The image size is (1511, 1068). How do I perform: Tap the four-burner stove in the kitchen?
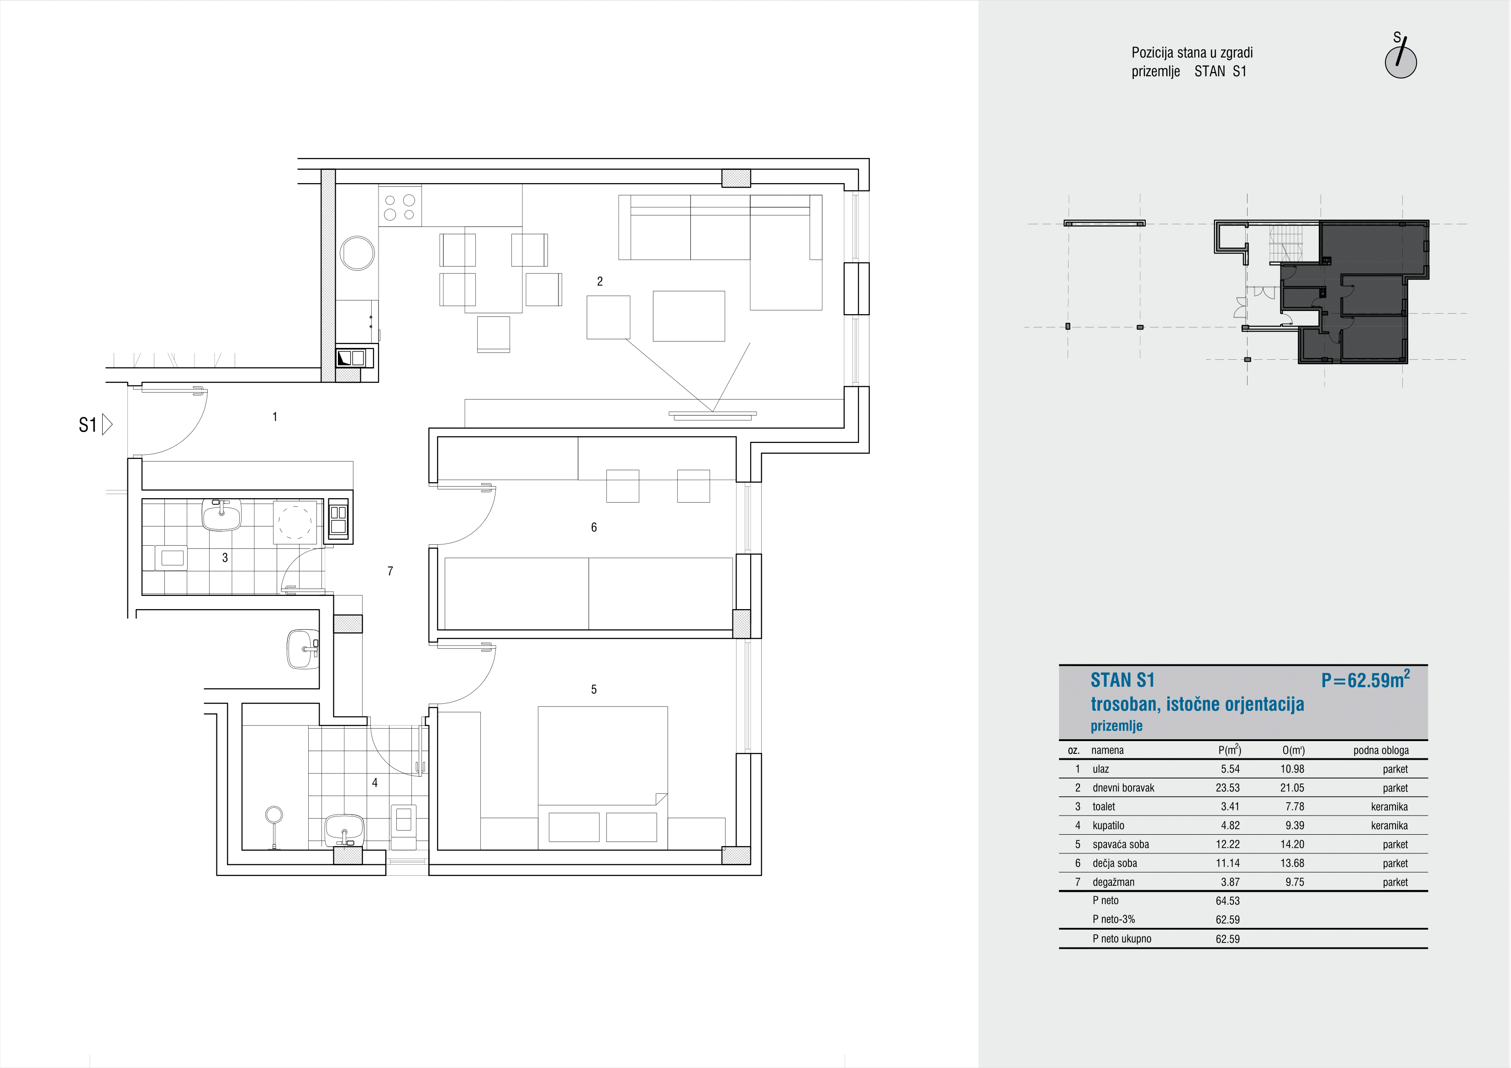tap(400, 206)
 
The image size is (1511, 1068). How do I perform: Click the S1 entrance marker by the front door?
tap(95, 425)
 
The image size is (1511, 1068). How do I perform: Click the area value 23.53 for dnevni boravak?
tap(1227, 788)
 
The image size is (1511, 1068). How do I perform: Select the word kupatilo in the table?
tap(1108, 825)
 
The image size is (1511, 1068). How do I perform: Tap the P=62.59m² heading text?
tap(1365, 679)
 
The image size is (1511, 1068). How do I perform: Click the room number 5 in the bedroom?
tap(594, 689)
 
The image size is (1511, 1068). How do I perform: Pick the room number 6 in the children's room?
tap(594, 527)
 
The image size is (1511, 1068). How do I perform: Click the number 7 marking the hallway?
tap(390, 571)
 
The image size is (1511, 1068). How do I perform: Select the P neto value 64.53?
tap(1227, 901)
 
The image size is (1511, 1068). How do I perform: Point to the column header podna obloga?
tap(1381, 750)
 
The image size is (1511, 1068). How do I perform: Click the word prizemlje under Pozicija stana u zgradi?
tap(1156, 72)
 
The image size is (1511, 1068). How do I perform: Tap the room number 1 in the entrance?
tap(274, 416)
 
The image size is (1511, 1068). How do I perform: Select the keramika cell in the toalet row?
tap(1389, 807)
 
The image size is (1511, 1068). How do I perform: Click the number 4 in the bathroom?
tap(374, 783)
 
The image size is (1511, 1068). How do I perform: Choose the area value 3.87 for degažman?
tap(1230, 882)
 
